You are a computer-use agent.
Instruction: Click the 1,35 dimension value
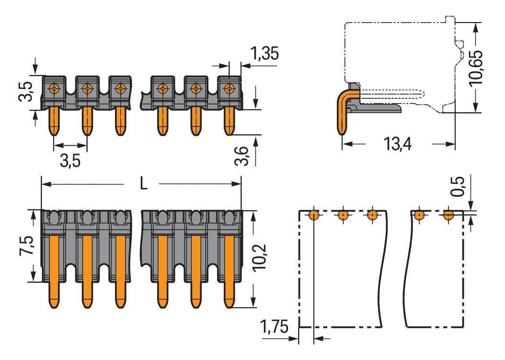click(x=264, y=54)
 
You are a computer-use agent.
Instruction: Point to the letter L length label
click(x=143, y=184)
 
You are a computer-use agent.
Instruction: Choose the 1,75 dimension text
click(x=274, y=328)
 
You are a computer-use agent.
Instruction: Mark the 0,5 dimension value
click(x=459, y=186)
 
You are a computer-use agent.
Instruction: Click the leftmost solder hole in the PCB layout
click(x=313, y=215)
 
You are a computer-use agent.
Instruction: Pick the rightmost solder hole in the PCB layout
click(x=448, y=215)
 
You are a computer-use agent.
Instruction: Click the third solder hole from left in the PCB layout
click(x=372, y=215)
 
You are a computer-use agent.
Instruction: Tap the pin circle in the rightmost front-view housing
click(x=230, y=89)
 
